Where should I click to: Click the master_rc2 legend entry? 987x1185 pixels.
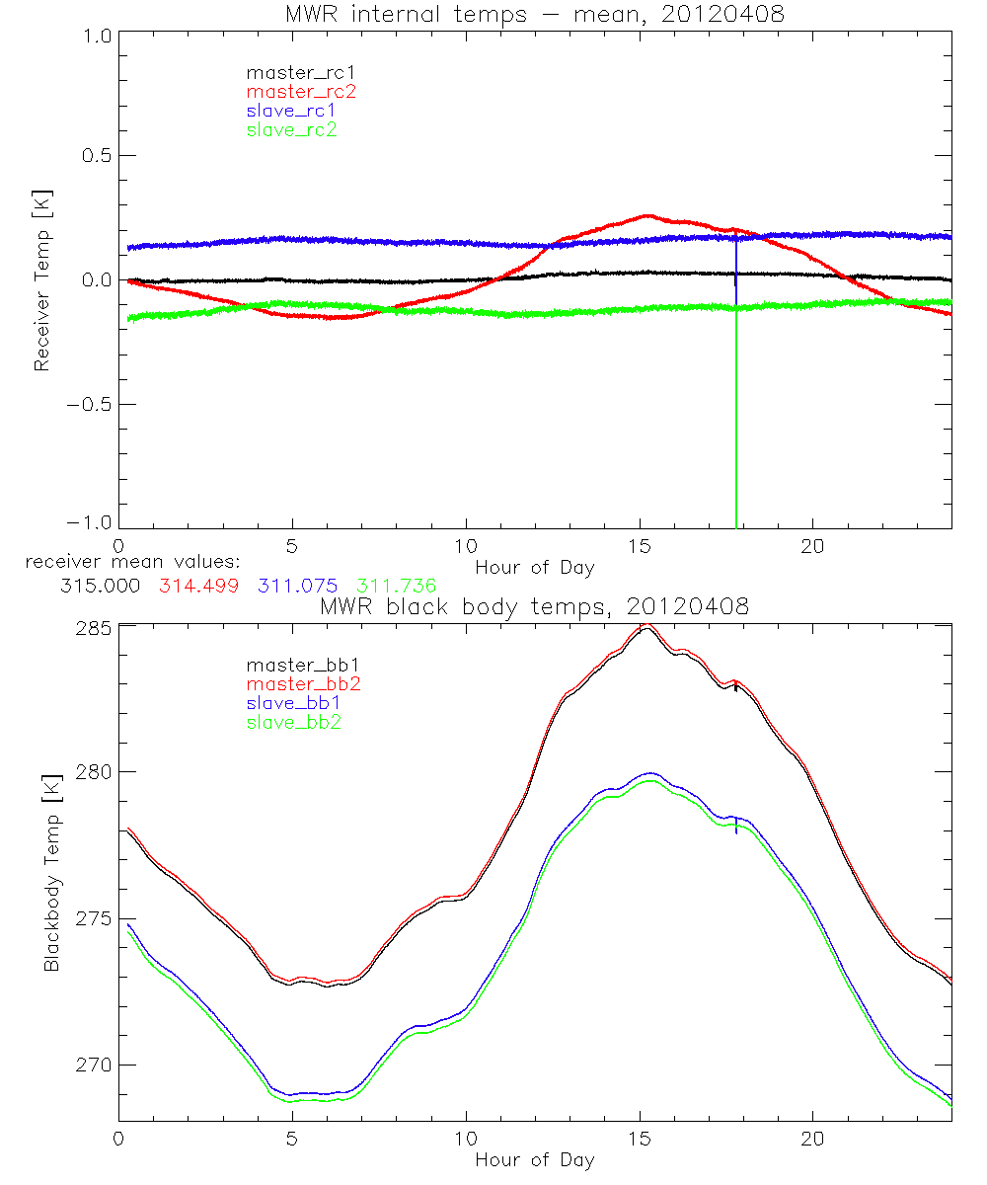pyautogui.click(x=301, y=91)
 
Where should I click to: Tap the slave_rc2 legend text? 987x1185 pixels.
pyautogui.click(x=291, y=129)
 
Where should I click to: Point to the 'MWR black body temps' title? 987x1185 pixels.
pyautogui.click(x=534, y=607)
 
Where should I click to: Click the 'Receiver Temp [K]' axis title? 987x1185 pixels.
pyautogui.click(x=41, y=278)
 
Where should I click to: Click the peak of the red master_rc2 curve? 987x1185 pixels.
pyautogui.click(x=646, y=215)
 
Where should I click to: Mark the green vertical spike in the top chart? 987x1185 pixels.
pyautogui.click(x=736, y=425)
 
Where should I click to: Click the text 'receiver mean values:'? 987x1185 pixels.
pyautogui.click(x=126, y=562)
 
